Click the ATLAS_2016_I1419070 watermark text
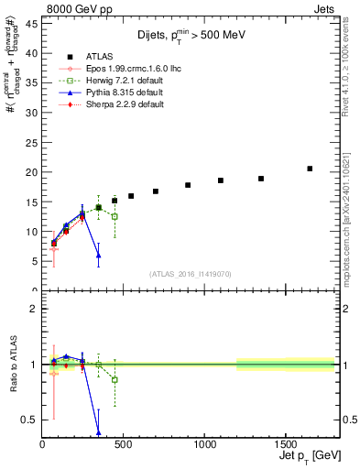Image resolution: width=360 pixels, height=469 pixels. (190, 274)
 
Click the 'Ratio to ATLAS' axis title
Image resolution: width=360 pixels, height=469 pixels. (12, 364)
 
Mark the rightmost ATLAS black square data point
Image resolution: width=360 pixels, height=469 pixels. (310, 169)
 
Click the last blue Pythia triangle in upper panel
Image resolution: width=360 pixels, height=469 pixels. (98, 255)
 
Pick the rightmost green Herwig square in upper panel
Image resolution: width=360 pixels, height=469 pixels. (115, 216)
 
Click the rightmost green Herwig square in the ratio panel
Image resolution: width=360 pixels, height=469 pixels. (115, 379)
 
